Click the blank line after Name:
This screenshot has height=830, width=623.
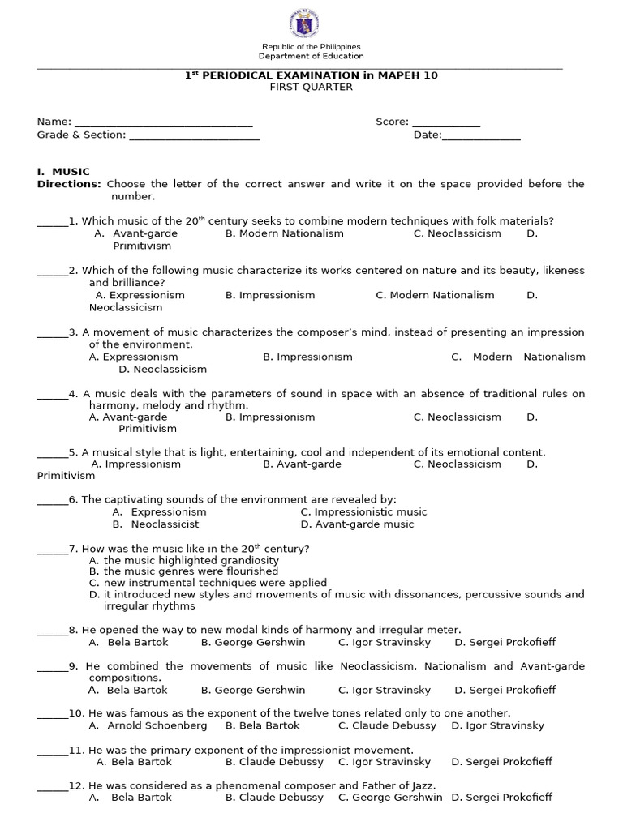[163, 123]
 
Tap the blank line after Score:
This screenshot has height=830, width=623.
[445, 123]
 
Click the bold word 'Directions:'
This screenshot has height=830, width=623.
[69, 184]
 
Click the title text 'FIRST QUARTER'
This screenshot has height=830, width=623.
[311, 88]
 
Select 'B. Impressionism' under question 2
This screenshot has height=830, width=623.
[270, 295]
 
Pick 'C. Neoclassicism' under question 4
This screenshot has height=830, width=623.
[457, 417]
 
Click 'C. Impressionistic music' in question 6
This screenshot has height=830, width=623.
[363, 512]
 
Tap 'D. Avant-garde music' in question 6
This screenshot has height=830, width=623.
[357, 524]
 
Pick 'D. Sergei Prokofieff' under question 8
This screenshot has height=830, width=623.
[505, 643]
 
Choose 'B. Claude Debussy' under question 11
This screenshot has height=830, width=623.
[274, 762]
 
